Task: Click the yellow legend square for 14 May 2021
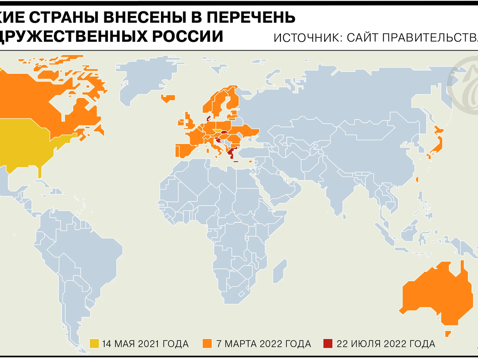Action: [94, 344]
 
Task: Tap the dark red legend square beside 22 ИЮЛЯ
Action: [327, 344]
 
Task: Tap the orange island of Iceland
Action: [168, 97]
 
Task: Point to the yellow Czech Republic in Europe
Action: [217, 130]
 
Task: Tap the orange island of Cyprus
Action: [251, 161]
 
